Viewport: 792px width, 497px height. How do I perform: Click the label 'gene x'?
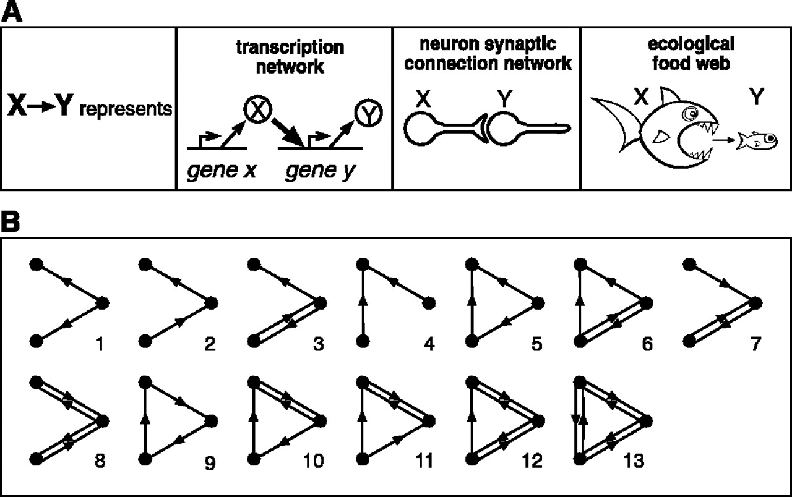(213, 168)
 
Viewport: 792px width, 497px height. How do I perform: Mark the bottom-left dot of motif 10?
(253, 458)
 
